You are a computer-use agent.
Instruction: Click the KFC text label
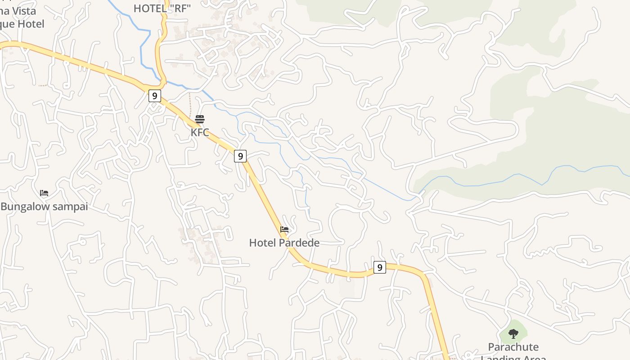[200, 133]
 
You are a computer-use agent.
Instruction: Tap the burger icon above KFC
[200, 119]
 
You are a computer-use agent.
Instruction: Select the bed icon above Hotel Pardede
[284, 229]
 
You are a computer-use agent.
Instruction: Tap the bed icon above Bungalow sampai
[44, 193]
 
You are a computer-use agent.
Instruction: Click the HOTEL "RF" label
[162, 8]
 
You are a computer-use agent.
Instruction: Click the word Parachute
[513, 347]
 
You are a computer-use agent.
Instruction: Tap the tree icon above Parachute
[513, 333]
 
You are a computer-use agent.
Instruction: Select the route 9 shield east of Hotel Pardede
[379, 267]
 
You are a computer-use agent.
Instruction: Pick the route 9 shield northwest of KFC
[154, 96]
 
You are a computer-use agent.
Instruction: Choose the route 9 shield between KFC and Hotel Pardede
[240, 156]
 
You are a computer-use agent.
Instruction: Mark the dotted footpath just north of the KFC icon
[189, 103]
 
